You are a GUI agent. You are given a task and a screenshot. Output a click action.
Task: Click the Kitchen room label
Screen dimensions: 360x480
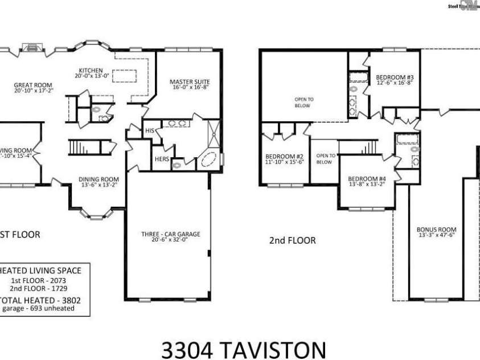click(x=91, y=71)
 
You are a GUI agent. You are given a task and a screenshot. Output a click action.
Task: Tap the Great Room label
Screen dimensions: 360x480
click(x=29, y=85)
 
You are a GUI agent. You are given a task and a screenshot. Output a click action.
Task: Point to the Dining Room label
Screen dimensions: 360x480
click(x=99, y=179)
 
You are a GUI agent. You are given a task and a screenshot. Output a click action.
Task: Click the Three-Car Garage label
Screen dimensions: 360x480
click(x=171, y=234)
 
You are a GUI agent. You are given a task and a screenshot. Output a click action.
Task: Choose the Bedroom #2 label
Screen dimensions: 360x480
click(x=284, y=156)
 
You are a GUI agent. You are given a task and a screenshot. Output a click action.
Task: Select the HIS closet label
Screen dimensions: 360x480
click(x=150, y=131)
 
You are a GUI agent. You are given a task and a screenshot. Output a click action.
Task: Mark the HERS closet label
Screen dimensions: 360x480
click(x=162, y=159)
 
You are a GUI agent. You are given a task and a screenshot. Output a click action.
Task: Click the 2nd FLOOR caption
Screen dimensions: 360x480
click(x=292, y=240)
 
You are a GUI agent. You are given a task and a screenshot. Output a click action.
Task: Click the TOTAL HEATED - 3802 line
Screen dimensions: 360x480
click(x=38, y=300)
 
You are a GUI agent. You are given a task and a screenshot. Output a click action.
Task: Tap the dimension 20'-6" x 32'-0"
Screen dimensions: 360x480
click(x=171, y=240)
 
